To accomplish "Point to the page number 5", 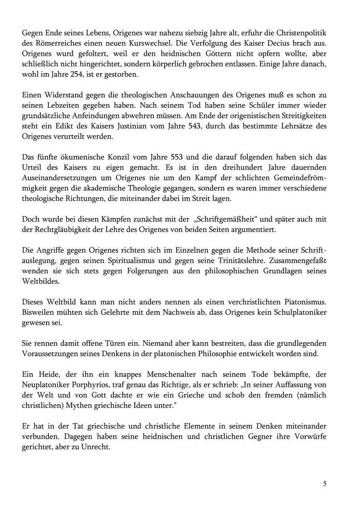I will tap(325, 484).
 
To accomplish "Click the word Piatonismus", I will tap(301, 302).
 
